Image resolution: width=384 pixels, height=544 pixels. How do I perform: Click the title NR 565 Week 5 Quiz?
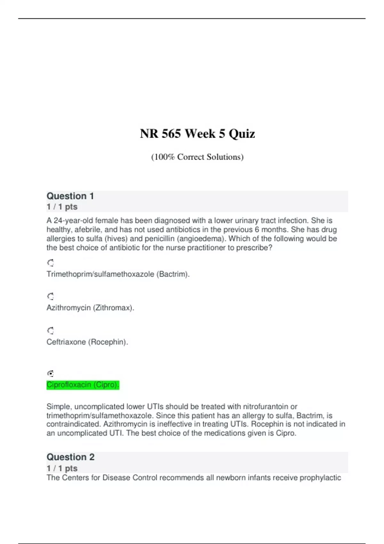pos(197,134)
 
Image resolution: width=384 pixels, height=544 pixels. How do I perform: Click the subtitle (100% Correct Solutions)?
pos(197,157)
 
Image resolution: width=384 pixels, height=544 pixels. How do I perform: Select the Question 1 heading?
pos(70,196)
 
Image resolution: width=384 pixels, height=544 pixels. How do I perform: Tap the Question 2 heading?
pos(70,457)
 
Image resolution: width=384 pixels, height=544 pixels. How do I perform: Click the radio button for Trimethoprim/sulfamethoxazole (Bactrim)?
pos(51,263)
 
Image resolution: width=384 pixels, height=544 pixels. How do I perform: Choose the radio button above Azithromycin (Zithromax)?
pos(51,296)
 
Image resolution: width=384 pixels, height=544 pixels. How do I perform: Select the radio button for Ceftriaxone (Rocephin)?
pos(51,331)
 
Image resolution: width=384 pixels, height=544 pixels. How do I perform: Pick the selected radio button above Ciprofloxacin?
pos(51,373)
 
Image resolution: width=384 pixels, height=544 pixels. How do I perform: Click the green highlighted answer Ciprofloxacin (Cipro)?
pos(83,385)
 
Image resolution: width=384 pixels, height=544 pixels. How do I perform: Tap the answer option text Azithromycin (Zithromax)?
pos(90,308)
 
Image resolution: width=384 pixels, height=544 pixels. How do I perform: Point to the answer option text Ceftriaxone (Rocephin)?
pos(87,342)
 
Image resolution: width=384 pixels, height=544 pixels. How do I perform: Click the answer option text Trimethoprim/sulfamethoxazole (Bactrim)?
pos(118,274)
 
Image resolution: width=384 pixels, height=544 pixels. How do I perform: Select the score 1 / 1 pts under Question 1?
pos(62,207)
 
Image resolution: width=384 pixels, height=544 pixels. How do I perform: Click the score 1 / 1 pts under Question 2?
pos(62,468)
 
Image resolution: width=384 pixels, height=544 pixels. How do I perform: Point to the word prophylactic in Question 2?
pos(320,478)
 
